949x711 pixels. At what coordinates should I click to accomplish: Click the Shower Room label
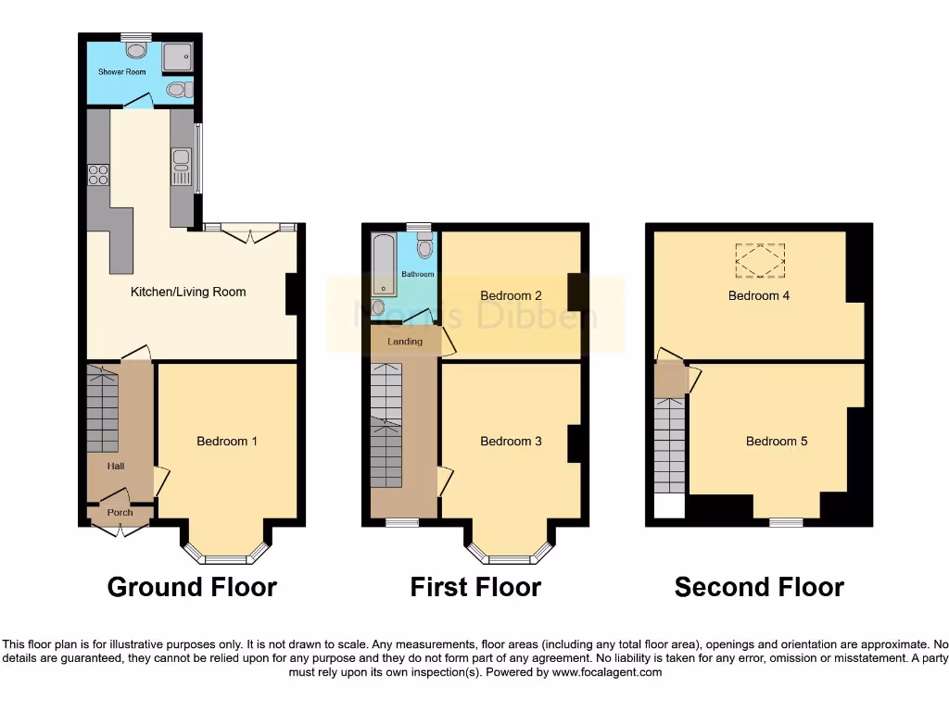tap(122, 71)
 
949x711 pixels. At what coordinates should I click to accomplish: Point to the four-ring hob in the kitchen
tap(97, 174)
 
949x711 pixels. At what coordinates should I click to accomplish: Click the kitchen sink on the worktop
tap(181, 168)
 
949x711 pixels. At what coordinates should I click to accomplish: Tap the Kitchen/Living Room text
tap(188, 292)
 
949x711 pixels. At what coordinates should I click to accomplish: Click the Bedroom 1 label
tap(227, 441)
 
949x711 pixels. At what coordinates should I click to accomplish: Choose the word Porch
tap(120, 512)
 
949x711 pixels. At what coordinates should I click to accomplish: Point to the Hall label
tap(116, 467)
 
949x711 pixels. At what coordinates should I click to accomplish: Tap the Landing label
tap(405, 342)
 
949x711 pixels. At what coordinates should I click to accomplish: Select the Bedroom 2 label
tap(511, 295)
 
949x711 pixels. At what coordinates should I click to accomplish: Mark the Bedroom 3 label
tap(511, 441)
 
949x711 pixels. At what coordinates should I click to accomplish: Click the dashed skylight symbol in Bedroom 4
tap(760, 260)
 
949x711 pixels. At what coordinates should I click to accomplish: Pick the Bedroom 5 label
tap(777, 441)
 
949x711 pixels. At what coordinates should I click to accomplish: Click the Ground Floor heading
tap(192, 587)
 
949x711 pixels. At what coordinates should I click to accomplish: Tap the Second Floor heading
tap(759, 587)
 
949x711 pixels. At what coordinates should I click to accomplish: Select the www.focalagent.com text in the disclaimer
tap(606, 672)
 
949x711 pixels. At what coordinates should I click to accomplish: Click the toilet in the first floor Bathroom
tap(424, 246)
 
